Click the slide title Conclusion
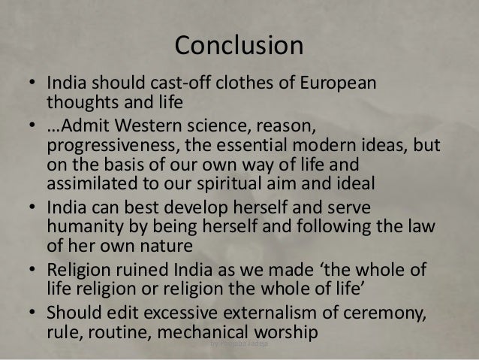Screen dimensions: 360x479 point(239,44)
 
